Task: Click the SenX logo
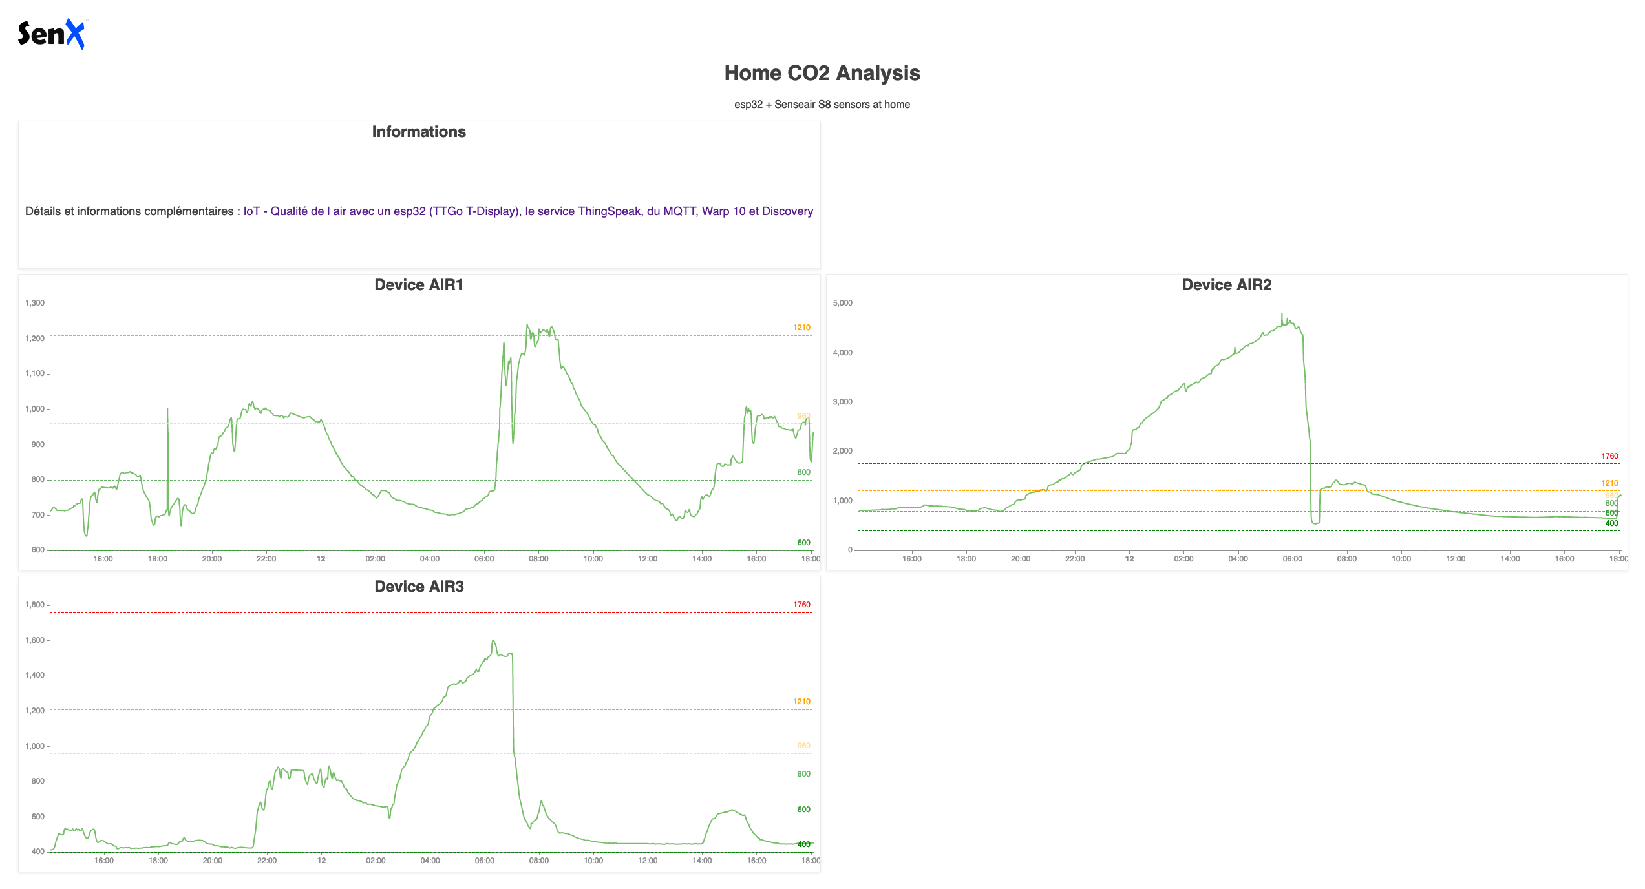[51, 34]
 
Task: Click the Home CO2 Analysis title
[822, 73]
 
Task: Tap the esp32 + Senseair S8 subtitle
[822, 105]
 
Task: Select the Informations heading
[419, 132]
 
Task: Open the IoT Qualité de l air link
[528, 211]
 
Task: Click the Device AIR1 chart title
[419, 285]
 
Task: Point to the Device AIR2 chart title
[1226, 285]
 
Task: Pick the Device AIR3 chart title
[419, 587]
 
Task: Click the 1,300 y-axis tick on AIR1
[35, 303]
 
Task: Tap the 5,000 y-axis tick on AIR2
[843, 303]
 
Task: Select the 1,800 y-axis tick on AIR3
[35, 605]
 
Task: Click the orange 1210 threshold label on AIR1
[801, 328]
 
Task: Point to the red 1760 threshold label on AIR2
[1609, 456]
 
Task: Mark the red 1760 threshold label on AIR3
[801, 605]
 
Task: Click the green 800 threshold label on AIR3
[803, 774]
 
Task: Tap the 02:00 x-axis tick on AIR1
[375, 559]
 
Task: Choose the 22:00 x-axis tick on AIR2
[1075, 559]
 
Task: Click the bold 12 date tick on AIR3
[321, 861]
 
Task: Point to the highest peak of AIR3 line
[494, 642]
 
